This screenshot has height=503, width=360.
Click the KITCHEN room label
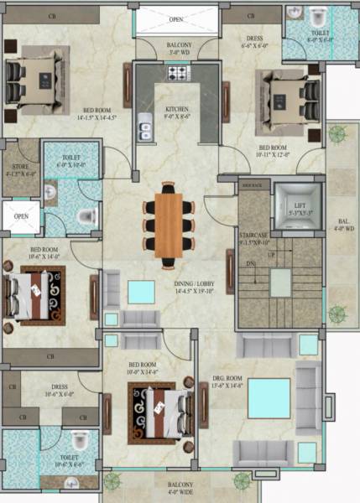pos(177,110)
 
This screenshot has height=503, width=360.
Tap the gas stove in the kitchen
pos(178,74)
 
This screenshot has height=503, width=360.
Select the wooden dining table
pos(169,224)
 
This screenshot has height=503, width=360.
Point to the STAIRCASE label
pos(255,238)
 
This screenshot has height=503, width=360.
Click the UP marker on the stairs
pos(270,254)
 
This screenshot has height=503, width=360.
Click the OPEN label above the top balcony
pos(176,18)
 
